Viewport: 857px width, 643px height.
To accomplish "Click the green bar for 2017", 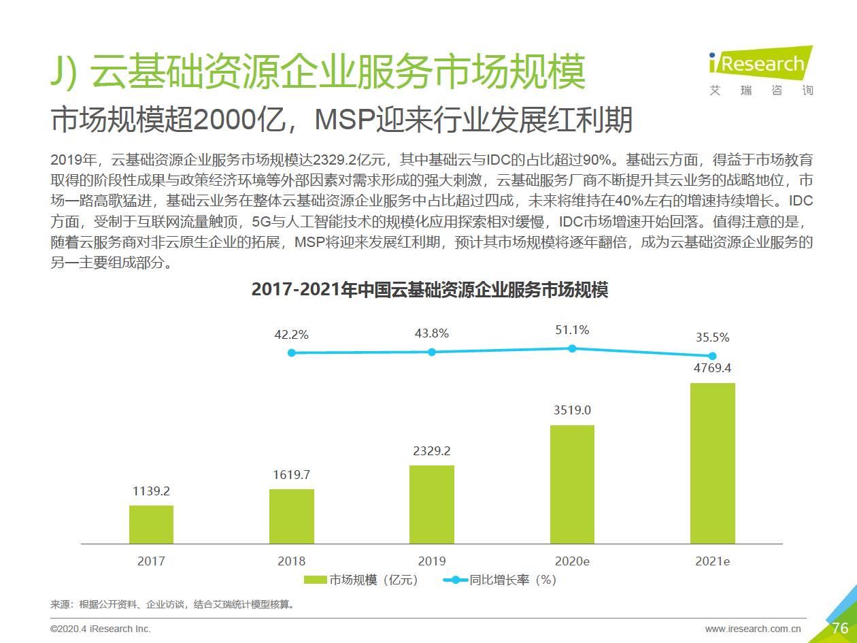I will point(151,524).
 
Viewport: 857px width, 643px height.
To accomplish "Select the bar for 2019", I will point(432,504).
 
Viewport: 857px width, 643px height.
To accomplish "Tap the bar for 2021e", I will point(713,463).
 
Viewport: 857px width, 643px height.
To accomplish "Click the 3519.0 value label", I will point(572,410).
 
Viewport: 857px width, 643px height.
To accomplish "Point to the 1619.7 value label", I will point(292,475).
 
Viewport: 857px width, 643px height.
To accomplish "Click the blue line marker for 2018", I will point(292,352).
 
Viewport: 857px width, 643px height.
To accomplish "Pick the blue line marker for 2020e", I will point(572,348).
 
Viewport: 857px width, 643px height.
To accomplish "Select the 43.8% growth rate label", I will point(432,333).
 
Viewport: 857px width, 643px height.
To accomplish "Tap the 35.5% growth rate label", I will point(713,337).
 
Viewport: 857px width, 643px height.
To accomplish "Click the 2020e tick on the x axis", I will point(572,561).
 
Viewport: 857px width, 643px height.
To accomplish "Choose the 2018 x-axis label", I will point(292,561).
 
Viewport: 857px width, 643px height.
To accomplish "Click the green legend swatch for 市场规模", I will point(316,580).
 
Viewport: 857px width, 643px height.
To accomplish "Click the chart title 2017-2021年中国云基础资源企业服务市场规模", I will point(429,289).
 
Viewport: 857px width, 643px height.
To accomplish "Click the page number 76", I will point(840,628).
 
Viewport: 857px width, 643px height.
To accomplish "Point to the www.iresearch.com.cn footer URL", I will point(753,629).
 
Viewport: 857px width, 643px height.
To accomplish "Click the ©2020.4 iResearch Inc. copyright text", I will point(101,629).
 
